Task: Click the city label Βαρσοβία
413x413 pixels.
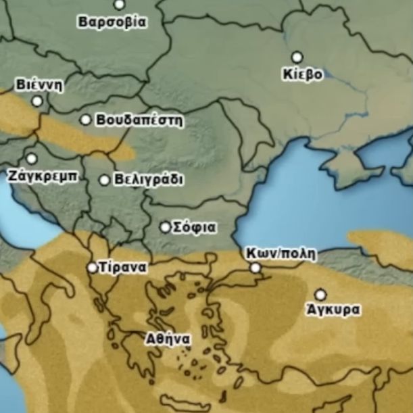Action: [112, 22]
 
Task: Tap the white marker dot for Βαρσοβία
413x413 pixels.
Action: [119, 5]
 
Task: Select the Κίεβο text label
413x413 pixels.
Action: [303, 74]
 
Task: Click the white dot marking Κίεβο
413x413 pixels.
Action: [297, 57]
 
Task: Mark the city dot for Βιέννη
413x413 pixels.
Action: [37, 101]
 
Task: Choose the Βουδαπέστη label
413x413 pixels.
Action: [140, 120]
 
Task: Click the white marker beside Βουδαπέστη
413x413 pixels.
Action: [86, 120]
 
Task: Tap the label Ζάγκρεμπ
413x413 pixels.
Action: [44, 175]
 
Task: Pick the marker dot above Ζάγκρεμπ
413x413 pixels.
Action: [31, 158]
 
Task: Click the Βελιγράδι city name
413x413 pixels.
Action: [149, 180]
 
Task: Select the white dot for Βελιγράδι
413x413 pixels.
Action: [104, 180]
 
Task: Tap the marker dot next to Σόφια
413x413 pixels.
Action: [165, 227]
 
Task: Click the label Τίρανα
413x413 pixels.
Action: [122, 267]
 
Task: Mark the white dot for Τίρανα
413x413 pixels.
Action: [92, 267]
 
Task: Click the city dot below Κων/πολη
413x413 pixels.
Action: [256, 268]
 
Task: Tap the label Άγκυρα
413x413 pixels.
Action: [333, 310]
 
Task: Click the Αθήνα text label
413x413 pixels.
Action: [168, 339]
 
